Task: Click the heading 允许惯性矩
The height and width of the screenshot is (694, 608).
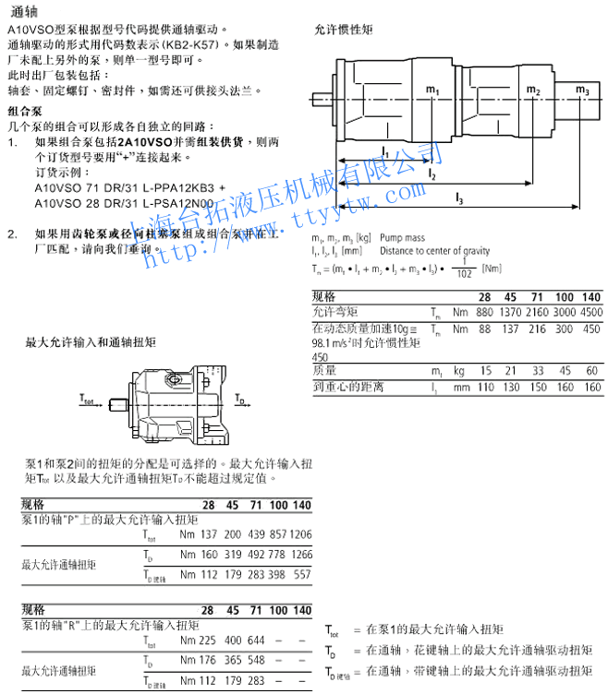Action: click(344, 30)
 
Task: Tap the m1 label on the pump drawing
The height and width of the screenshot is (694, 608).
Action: click(433, 90)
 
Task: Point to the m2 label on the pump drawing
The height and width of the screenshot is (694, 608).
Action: click(533, 90)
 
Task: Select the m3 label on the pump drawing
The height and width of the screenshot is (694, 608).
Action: click(582, 90)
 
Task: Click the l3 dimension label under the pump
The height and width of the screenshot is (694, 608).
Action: click(459, 197)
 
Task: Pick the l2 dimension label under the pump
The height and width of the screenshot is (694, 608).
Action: click(432, 173)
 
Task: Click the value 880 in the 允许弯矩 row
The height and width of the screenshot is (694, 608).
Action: click(484, 312)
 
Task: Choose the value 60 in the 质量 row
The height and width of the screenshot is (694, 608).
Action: click(591, 370)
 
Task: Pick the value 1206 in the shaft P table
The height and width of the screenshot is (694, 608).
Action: click(300, 534)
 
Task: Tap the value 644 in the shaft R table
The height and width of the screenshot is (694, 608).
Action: click(256, 640)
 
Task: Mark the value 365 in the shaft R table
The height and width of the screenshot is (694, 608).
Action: click(234, 661)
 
